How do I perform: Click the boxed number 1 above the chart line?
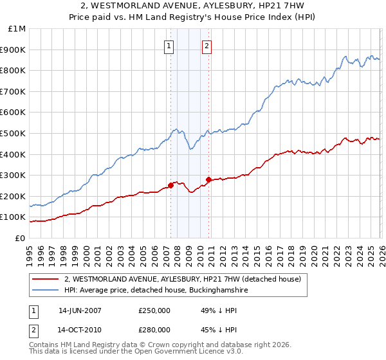tap(169, 45)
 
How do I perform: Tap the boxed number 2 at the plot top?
tap(207, 45)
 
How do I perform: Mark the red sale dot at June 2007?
tap(170, 186)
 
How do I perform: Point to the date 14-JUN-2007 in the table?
tap(80, 310)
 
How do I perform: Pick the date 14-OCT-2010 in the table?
tap(80, 329)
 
